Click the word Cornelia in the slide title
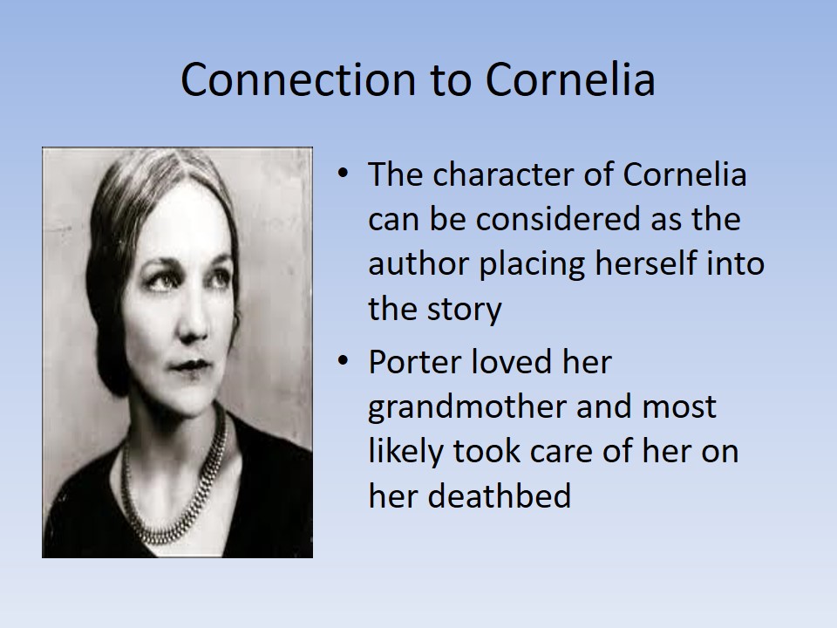(569, 79)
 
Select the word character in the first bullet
(515, 174)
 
